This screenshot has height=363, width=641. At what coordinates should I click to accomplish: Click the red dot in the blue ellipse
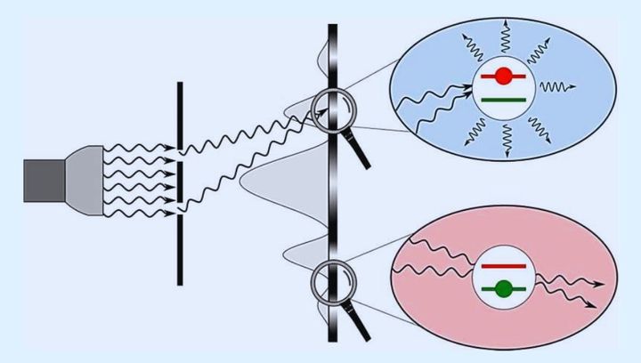[503, 77]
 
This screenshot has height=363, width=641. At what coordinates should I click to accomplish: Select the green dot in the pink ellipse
[504, 287]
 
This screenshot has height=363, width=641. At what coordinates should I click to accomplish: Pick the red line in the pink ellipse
[504, 265]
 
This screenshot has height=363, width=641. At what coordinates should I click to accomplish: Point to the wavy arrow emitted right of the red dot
[558, 87]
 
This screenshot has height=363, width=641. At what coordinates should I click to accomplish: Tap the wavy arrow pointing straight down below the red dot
[505, 138]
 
